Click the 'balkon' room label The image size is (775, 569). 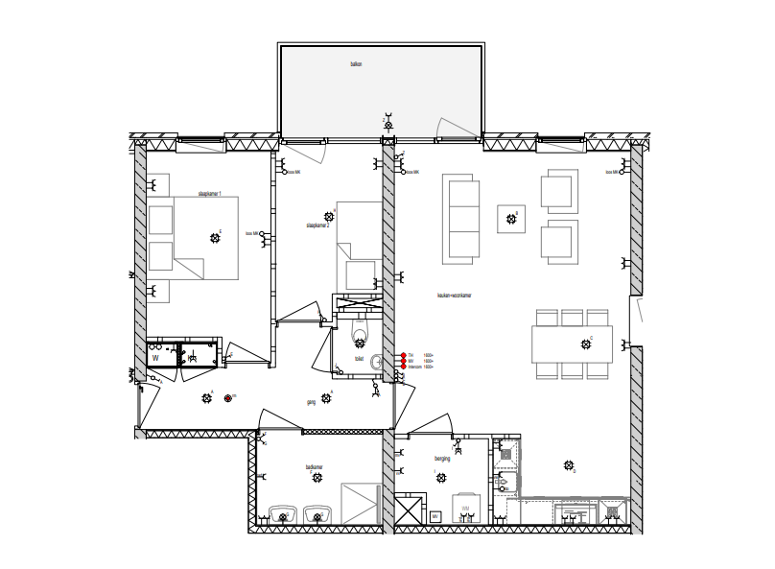356,64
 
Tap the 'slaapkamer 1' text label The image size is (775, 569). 209,194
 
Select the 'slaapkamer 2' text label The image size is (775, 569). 317,225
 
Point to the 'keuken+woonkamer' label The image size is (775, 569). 454,296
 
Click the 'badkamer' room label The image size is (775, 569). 314,467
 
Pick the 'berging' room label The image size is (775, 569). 442,460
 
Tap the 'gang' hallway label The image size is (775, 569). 311,403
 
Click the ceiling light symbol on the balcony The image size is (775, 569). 388,124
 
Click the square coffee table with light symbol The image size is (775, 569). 511,220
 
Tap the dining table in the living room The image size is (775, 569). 573,344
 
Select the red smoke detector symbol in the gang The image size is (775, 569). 227,398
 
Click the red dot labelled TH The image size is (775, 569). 404,355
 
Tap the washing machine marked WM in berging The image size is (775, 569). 465,509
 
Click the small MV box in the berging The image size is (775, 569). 434,517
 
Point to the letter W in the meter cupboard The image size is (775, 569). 154,358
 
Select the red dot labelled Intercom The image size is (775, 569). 404,367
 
